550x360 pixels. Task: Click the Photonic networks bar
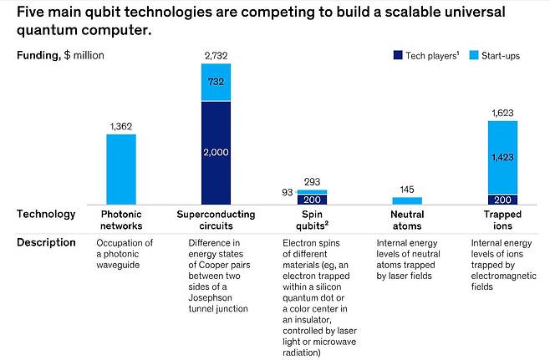pyautogui.click(x=120, y=169)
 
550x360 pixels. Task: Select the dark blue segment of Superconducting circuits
pyautogui.click(x=216, y=153)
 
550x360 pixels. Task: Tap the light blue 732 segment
pyautogui.click(x=216, y=82)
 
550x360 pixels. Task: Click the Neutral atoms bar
pyautogui.click(x=407, y=200)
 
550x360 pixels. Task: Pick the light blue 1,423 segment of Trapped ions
pyautogui.click(x=502, y=157)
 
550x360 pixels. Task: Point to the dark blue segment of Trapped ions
pyautogui.click(x=502, y=199)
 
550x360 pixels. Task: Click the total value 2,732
pyautogui.click(x=216, y=55)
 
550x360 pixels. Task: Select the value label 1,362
pyautogui.click(x=121, y=126)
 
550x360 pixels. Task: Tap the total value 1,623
pyautogui.click(x=502, y=113)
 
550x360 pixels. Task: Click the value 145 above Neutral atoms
pyautogui.click(x=407, y=189)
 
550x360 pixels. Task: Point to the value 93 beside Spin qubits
pyautogui.click(x=287, y=193)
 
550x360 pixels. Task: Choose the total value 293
pyautogui.click(x=312, y=181)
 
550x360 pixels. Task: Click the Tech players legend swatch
pyautogui.click(x=397, y=56)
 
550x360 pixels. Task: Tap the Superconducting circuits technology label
pyautogui.click(x=216, y=220)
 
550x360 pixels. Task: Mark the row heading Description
pyautogui.click(x=45, y=242)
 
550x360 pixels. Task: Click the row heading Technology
pyautogui.click(x=46, y=214)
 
